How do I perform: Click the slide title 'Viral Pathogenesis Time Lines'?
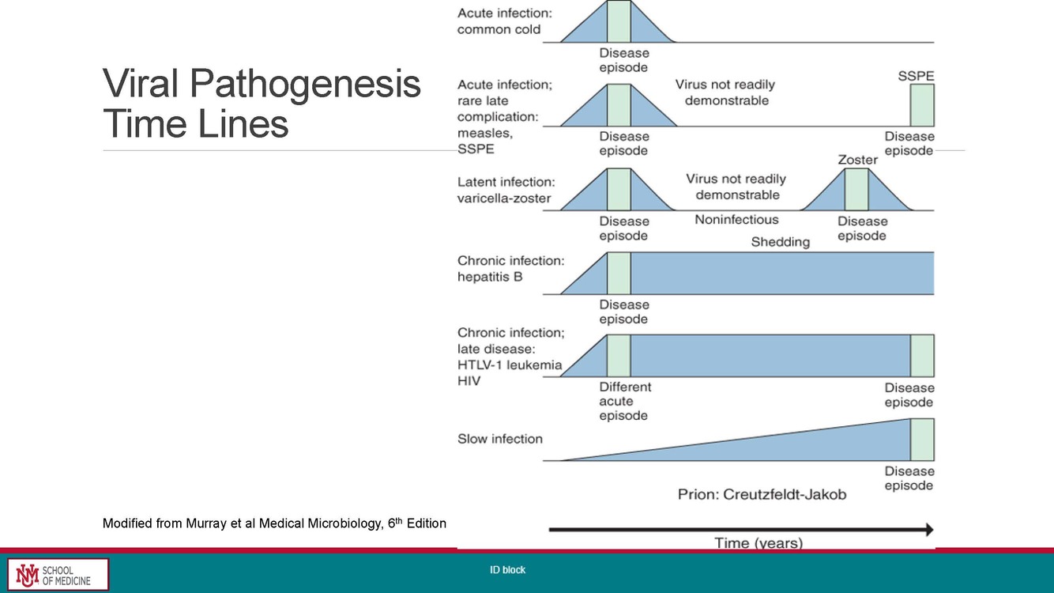(x=262, y=104)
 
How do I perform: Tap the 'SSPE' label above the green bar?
(x=916, y=76)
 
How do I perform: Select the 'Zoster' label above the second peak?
(x=857, y=160)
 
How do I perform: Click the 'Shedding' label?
(x=780, y=242)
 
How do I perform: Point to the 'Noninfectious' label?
(x=736, y=220)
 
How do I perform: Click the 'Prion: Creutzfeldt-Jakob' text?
(x=762, y=494)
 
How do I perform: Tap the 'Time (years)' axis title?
(x=758, y=543)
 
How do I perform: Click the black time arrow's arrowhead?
(x=928, y=529)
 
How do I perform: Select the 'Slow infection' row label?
(x=500, y=439)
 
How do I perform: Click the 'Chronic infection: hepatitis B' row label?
(x=510, y=269)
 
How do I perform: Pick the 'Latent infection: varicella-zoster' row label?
(x=504, y=190)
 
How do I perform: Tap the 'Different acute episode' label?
(x=624, y=401)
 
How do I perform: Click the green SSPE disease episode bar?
(x=921, y=106)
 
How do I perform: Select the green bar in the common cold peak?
(x=619, y=21)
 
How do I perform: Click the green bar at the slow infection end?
(x=921, y=440)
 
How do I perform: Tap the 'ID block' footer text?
(x=506, y=570)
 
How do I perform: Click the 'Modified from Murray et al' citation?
(x=274, y=523)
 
